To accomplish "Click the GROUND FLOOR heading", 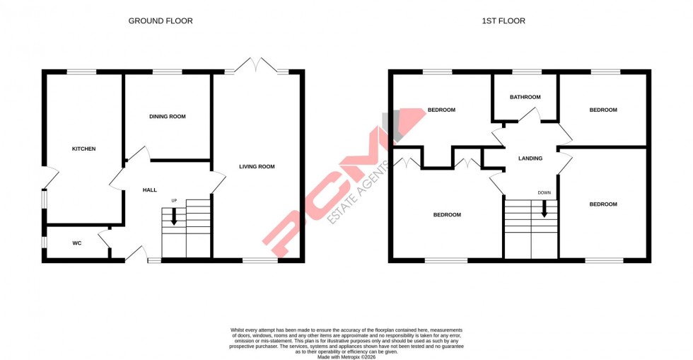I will [160, 21].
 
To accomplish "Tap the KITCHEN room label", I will [83, 149].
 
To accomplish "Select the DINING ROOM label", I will [167, 116].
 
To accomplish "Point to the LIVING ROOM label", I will [257, 167].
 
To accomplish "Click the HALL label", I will [150, 190].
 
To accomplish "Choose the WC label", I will [77, 243].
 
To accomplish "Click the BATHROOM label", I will [525, 97].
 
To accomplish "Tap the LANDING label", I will [530, 158].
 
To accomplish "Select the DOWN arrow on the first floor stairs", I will [544, 209].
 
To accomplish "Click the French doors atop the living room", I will [257, 65].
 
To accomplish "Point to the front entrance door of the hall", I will [135, 253].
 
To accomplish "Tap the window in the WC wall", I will [44, 243].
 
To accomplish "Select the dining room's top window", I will [167, 71].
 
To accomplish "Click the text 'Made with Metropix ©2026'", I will [346, 357].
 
